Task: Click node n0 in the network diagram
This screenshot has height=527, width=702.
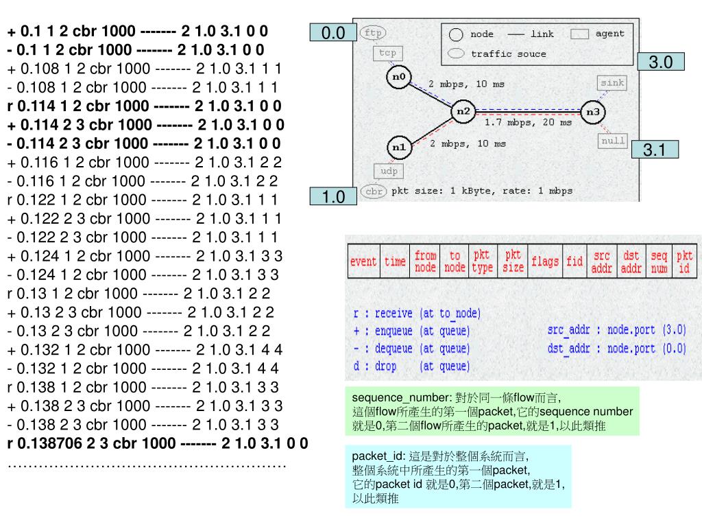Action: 398,77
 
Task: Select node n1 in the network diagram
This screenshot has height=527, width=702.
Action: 398,147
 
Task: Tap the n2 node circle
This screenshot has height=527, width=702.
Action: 463,111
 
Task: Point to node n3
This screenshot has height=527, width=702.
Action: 594,111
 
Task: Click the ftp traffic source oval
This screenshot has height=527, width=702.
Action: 373,33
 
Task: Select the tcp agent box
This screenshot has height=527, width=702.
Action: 388,53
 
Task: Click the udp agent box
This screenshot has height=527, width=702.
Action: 388,170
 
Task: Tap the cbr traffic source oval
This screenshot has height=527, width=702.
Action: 374,191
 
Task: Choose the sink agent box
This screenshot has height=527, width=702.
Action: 612,83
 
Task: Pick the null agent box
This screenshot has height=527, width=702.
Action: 612,141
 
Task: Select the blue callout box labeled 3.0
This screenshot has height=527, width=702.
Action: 660,62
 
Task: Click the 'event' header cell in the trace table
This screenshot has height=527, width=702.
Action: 363,261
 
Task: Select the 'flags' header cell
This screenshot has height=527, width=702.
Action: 545,261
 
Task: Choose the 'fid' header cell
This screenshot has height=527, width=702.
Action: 574,261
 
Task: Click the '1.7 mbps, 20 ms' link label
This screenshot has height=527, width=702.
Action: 528,123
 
